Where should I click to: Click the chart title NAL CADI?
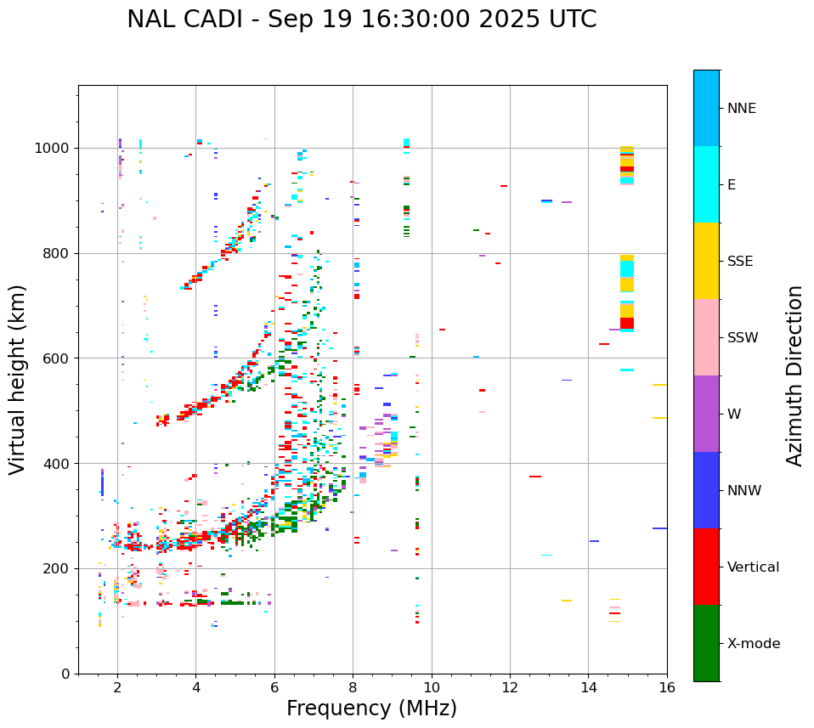[361, 20]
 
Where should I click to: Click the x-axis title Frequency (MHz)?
[371, 708]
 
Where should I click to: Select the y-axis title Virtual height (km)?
[18, 379]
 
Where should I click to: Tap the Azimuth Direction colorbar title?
[794, 375]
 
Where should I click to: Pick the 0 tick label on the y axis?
[66, 674]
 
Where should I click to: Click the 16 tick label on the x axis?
[667, 687]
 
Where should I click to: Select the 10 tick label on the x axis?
[431, 687]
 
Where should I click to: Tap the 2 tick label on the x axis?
[117, 687]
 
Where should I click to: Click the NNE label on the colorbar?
[741, 109]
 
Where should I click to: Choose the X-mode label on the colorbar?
[754, 644]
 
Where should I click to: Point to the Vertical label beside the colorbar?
[753, 567]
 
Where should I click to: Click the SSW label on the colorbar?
[743, 338]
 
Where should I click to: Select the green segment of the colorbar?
[706, 643]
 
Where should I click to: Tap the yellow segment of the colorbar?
[706, 261]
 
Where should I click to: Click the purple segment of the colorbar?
[706, 414]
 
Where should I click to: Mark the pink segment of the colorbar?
[706, 337]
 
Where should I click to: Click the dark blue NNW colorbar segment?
[706, 490]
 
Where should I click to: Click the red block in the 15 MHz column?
[627, 323]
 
